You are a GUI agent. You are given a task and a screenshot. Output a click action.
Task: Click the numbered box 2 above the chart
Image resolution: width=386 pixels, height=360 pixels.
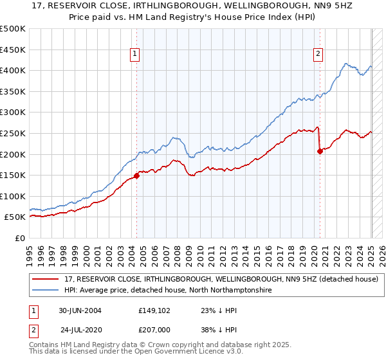tap(318, 55)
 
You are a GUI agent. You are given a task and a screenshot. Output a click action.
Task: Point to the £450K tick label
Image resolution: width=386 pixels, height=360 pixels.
tap(13, 50)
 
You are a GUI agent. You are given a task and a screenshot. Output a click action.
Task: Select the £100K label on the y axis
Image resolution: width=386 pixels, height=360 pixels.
tap(13, 196)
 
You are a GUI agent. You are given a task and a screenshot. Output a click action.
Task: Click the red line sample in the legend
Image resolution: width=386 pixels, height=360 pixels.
tap(46, 280)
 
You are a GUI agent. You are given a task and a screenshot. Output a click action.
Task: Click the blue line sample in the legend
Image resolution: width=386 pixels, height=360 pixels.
tap(46, 291)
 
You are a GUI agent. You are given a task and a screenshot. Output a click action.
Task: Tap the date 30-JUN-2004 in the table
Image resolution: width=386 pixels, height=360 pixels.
tap(80, 310)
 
